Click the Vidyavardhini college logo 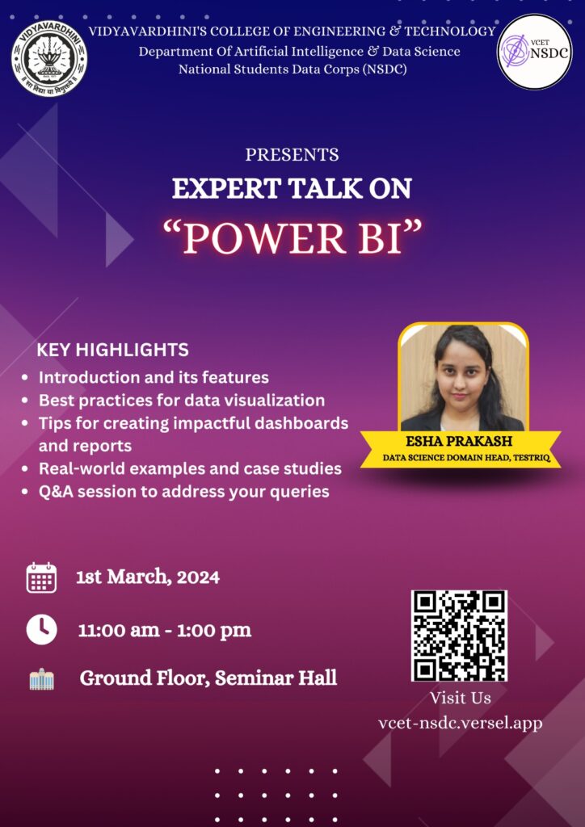(x=49, y=58)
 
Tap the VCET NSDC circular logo (x=534, y=52)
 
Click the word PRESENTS (x=292, y=154)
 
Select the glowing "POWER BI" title (x=292, y=238)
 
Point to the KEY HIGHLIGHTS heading (x=113, y=349)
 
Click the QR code (x=459, y=636)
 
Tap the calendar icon (x=41, y=577)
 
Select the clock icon (x=41, y=629)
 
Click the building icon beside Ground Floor (x=42, y=679)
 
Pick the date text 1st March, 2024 (x=148, y=577)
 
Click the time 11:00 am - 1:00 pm (x=165, y=630)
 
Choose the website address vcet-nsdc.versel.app (x=460, y=723)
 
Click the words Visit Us (x=460, y=698)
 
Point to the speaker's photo (x=463, y=377)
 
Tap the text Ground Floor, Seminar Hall (x=208, y=678)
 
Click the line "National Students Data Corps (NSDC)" (x=292, y=69)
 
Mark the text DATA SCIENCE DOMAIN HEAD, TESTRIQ (x=466, y=459)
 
